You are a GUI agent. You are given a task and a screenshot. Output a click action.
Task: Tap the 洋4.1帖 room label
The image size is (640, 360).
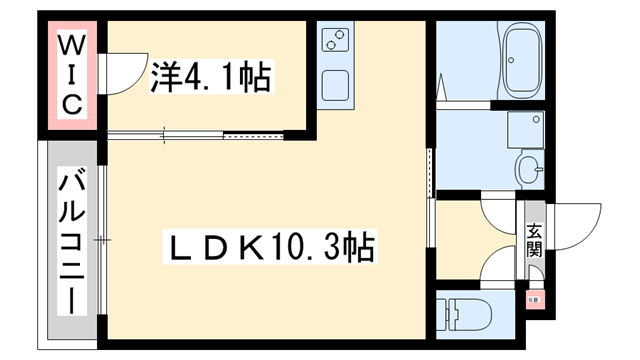pos(211,76)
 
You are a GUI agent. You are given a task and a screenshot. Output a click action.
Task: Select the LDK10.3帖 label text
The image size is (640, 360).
pos(269,246)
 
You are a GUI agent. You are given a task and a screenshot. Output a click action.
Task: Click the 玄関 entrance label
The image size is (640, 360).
pos(533,239)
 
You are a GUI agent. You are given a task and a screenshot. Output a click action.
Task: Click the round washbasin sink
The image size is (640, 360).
pos(527,167)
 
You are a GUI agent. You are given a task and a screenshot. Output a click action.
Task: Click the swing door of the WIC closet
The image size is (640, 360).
pos(124,75)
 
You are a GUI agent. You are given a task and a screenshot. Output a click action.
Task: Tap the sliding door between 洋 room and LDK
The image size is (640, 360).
pos(200,133)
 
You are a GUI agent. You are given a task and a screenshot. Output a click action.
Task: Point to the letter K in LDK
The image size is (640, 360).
pos(248,246)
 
